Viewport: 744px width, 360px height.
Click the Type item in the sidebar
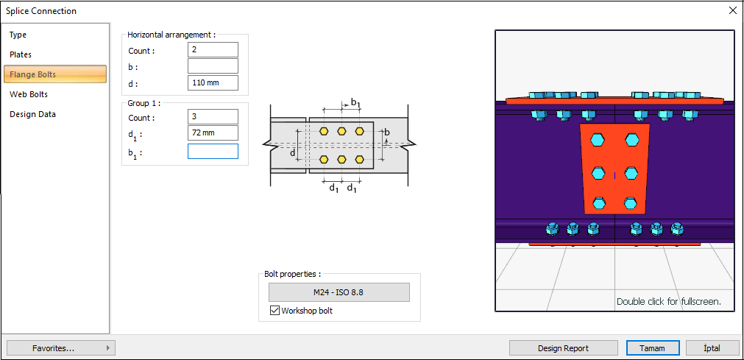click(18, 35)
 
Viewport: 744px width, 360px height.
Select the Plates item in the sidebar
click(21, 54)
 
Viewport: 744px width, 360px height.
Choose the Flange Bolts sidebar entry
click(33, 74)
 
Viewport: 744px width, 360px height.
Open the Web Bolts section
click(29, 94)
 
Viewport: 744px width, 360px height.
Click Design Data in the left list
click(32, 114)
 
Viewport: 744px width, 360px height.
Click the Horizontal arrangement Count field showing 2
click(213, 50)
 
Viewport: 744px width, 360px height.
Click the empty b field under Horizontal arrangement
click(213, 66)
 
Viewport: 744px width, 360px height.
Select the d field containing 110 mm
click(213, 82)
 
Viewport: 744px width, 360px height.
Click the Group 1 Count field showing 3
click(213, 117)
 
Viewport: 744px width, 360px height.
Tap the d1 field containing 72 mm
click(213, 133)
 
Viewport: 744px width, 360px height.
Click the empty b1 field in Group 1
click(213, 152)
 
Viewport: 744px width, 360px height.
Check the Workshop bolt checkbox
click(274, 311)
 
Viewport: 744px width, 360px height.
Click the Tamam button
click(652, 348)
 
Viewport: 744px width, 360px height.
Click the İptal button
click(712, 348)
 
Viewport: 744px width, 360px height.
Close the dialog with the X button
click(732, 11)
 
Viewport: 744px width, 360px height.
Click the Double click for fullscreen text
click(668, 301)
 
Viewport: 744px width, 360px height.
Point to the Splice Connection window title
click(41, 11)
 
